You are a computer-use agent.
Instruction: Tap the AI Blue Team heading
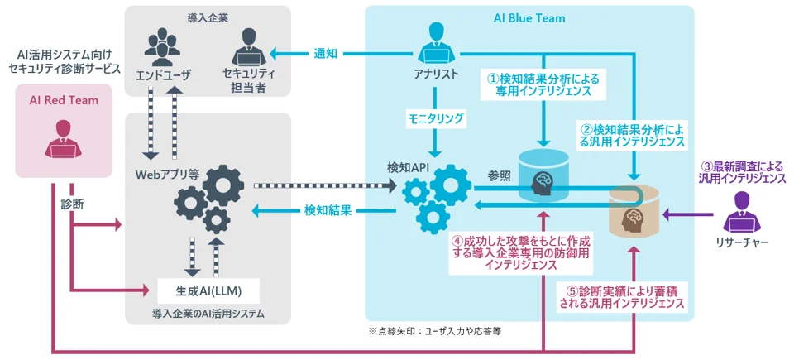point(529,17)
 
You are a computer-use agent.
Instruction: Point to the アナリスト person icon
point(436,46)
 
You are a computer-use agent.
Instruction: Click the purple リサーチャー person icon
point(742,212)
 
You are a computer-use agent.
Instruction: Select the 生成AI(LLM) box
point(207,290)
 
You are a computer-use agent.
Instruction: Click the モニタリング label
point(436,118)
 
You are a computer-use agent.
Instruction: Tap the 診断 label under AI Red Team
point(72,203)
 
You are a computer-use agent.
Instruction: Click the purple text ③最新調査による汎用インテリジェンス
point(741,171)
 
